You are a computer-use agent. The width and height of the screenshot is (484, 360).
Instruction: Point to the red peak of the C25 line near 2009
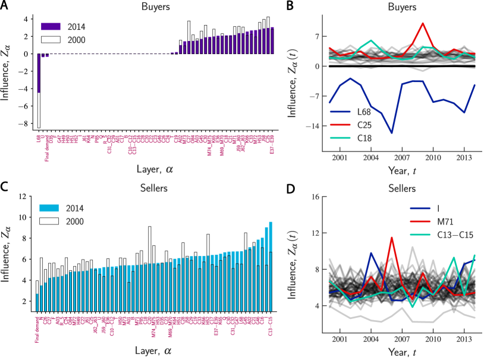(x=422, y=23)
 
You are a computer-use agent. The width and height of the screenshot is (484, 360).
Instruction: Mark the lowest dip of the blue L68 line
(x=391, y=132)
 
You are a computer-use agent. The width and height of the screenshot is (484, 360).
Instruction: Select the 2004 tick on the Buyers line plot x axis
(x=371, y=157)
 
